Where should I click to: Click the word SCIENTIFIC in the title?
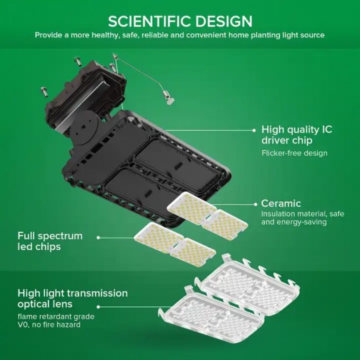[x=150, y=22]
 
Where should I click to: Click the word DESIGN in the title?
[x=224, y=22]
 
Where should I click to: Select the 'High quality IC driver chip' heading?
[x=297, y=135]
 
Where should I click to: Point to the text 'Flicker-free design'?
[x=295, y=153]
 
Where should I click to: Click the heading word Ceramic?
[x=281, y=204]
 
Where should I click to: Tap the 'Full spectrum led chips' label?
[x=50, y=241]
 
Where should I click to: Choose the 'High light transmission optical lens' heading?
[x=73, y=298]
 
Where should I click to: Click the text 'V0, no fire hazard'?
[x=49, y=325]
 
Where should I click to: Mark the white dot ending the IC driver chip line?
[x=254, y=130]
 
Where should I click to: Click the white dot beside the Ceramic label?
[x=255, y=204]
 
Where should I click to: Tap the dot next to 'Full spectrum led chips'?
[x=98, y=238]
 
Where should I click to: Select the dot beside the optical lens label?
[x=98, y=307]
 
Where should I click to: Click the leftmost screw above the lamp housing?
[x=45, y=92]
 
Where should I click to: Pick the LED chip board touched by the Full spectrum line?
[x=175, y=244]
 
